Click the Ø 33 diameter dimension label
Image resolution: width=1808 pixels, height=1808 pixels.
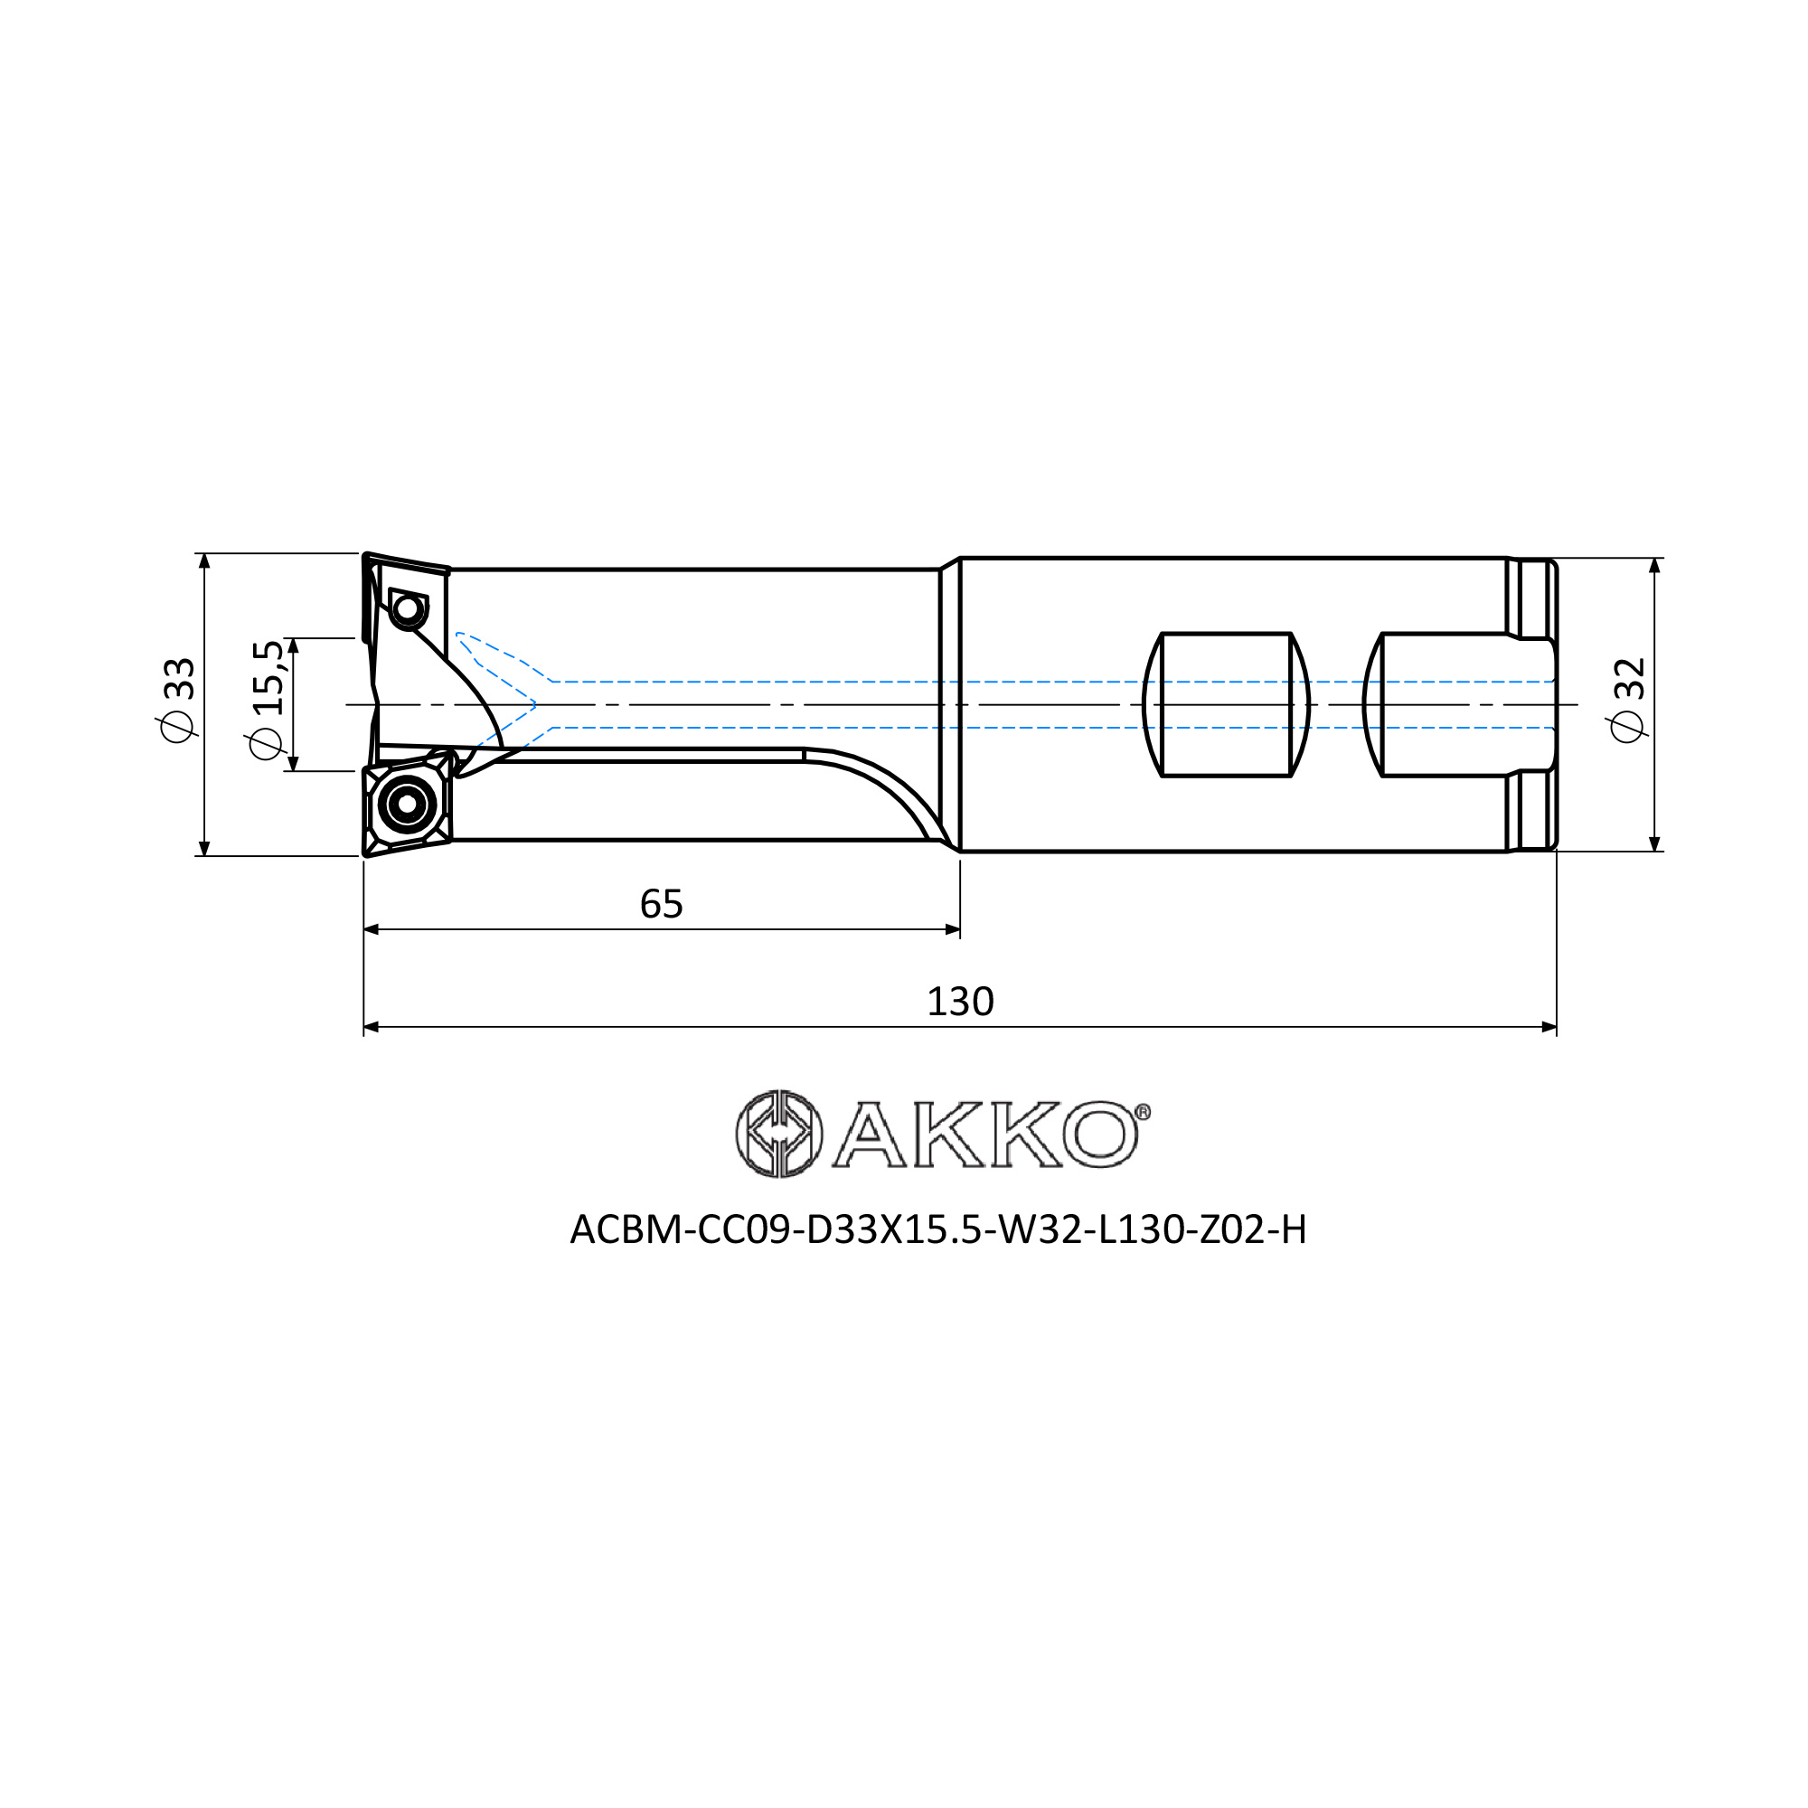178,700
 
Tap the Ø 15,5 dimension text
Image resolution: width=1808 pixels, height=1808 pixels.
265,700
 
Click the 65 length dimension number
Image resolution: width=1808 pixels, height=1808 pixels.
662,904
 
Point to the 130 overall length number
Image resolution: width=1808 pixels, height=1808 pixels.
960,1002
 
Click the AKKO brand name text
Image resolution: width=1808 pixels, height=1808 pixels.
984,1135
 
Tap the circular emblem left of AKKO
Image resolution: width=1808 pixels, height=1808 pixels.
778,1134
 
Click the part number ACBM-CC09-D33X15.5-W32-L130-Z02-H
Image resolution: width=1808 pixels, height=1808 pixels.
937,1229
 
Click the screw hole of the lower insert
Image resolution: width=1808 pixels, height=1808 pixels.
407,803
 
